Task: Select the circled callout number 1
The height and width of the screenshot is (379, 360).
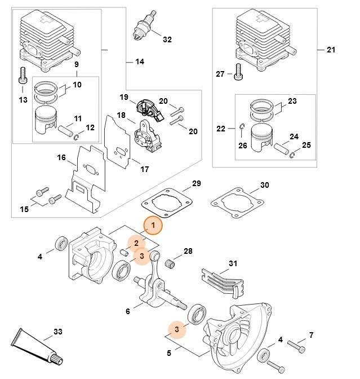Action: point(153,225)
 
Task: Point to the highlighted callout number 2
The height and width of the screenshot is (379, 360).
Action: point(136,243)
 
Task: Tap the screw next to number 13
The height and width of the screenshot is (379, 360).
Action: point(23,75)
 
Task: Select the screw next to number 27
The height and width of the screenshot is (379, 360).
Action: point(238,71)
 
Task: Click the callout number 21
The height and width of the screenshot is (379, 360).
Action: point(331,50)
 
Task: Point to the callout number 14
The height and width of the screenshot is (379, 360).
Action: point(140,61)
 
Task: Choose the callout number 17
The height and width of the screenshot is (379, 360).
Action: point(144,169)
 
